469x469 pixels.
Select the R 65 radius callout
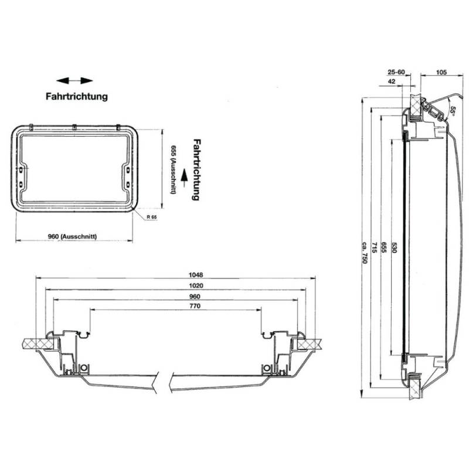152,217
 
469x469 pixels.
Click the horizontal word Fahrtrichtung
76,96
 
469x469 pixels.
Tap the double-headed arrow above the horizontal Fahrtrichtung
75,80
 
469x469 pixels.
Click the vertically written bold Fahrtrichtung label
197,170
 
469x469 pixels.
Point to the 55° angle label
453,110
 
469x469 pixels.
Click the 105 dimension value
442,73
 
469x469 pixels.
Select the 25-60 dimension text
397,73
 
